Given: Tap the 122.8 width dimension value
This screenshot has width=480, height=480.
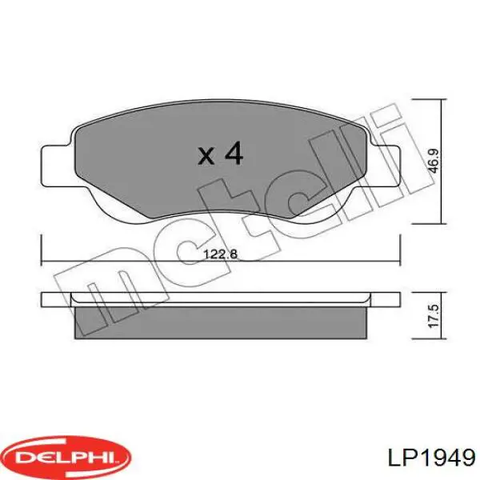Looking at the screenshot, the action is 221,254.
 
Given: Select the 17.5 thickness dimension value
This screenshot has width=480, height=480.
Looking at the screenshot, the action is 434,317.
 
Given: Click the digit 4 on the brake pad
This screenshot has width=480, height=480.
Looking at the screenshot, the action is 234,153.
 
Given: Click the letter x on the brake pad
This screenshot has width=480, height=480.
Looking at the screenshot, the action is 206,156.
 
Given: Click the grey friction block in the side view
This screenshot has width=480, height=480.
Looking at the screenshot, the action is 221,322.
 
